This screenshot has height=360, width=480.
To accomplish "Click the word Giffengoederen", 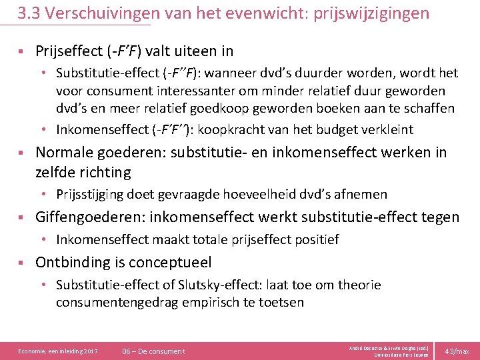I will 90,217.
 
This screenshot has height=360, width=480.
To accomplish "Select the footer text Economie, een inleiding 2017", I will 58,351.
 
